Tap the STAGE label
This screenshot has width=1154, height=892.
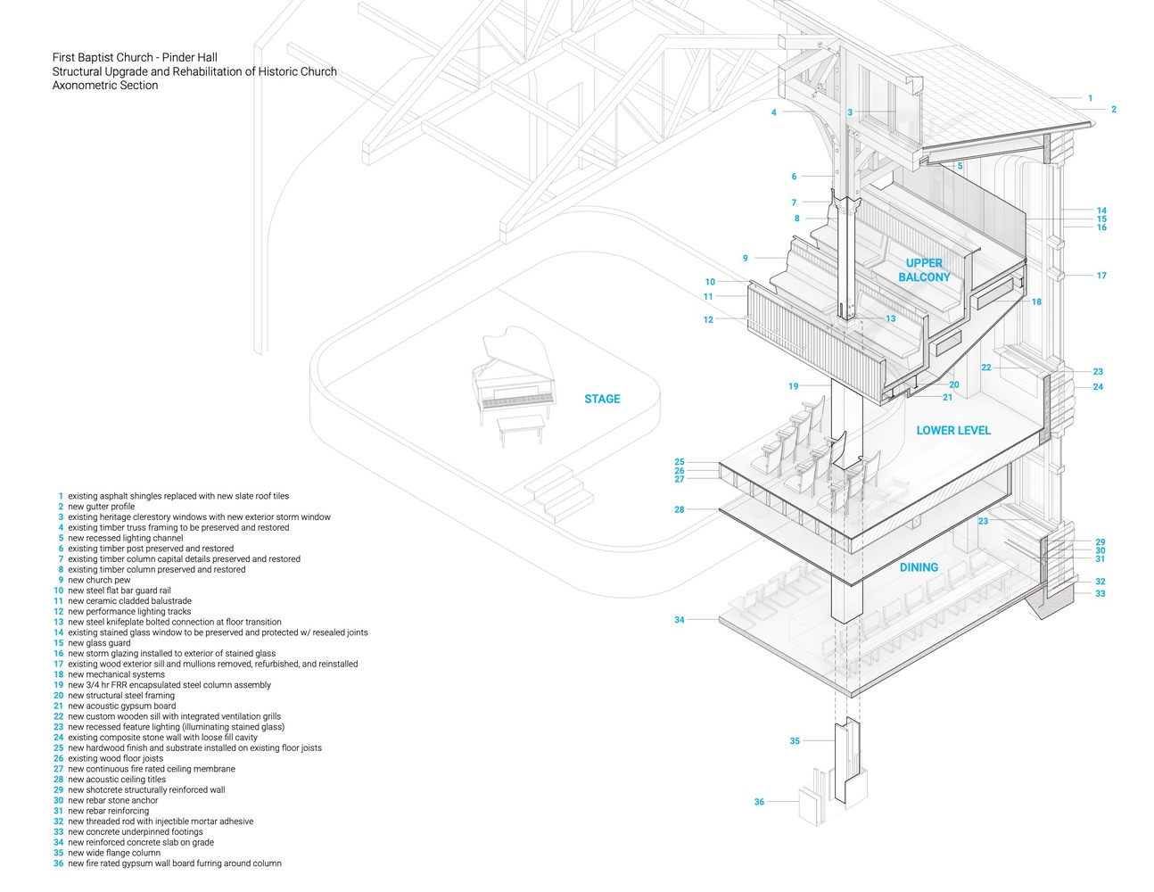pos(602,399)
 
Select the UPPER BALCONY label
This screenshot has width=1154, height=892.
pos(924,269)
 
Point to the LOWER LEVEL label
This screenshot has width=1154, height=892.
pos(953,430)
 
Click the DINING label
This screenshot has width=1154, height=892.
pos(919,567)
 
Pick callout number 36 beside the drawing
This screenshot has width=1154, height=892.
pos(759,802)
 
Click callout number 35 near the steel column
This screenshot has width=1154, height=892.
pos(795,741)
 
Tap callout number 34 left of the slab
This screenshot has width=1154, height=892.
pos(680,620)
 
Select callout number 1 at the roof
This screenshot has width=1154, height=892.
pos(1090,98)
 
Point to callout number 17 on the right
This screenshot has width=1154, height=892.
pos(1101,276)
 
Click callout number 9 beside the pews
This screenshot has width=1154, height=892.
pos(746,259)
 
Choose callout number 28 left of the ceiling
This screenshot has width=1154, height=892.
pos(680,509)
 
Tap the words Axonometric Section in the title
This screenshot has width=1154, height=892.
pos(105,86)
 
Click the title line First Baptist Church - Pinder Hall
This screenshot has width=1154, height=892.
pos(135,58)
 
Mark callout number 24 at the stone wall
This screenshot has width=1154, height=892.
pos(1098,387)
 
